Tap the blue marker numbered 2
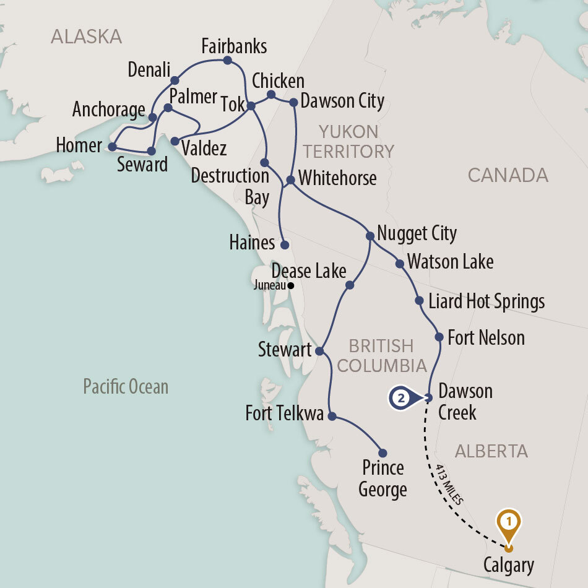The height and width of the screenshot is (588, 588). click(401, 399)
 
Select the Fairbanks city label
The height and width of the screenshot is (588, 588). click(235, 46)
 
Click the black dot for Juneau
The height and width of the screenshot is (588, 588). click(290, 286)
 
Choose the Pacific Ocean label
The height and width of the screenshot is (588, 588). click(126, 387)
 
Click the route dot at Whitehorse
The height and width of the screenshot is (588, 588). click(290, 179)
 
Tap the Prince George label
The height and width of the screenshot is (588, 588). click(383, 478)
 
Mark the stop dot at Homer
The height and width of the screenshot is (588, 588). click(112, 147)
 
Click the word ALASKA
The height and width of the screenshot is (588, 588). click(87, 37)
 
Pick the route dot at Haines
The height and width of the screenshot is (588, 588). click(285, 244)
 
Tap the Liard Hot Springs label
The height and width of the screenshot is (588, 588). click(486, 301)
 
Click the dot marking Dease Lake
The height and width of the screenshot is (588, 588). click(349, 285)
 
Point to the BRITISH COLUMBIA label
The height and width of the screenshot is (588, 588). click(381, 355)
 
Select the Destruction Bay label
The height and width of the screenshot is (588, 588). click(230, 186)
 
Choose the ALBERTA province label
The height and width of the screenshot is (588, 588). click(491, 451)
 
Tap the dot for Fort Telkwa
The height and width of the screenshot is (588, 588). click(331, 417)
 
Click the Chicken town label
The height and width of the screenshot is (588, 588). click(278, 81)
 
